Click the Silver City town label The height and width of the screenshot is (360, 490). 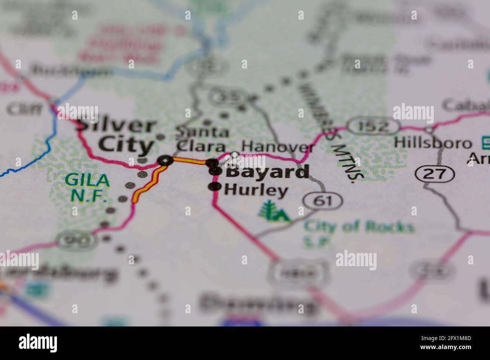[x=117, y=136]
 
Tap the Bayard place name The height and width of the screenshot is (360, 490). [x=268, y=172]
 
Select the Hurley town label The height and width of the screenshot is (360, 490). [x=256, y=190]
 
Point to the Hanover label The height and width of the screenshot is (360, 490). [x=278, y=146]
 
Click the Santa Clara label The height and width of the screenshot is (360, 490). [x=202, y=139]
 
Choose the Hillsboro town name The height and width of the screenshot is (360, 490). [x=433, y=143]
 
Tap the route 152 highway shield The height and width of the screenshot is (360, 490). [x=372, y=126]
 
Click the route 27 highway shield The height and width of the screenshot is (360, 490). [x=435, y=174]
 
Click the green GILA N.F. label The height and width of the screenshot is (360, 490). [x=87, y=187]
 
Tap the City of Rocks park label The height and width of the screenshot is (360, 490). [x=358, y=230]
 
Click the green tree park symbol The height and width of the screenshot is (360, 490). [x=274, y=212]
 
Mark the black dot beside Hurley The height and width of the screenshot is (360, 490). [x=215, y=186]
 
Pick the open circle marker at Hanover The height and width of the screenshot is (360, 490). [x=234, y=154]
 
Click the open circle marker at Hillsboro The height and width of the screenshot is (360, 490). [x=429, y=130]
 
